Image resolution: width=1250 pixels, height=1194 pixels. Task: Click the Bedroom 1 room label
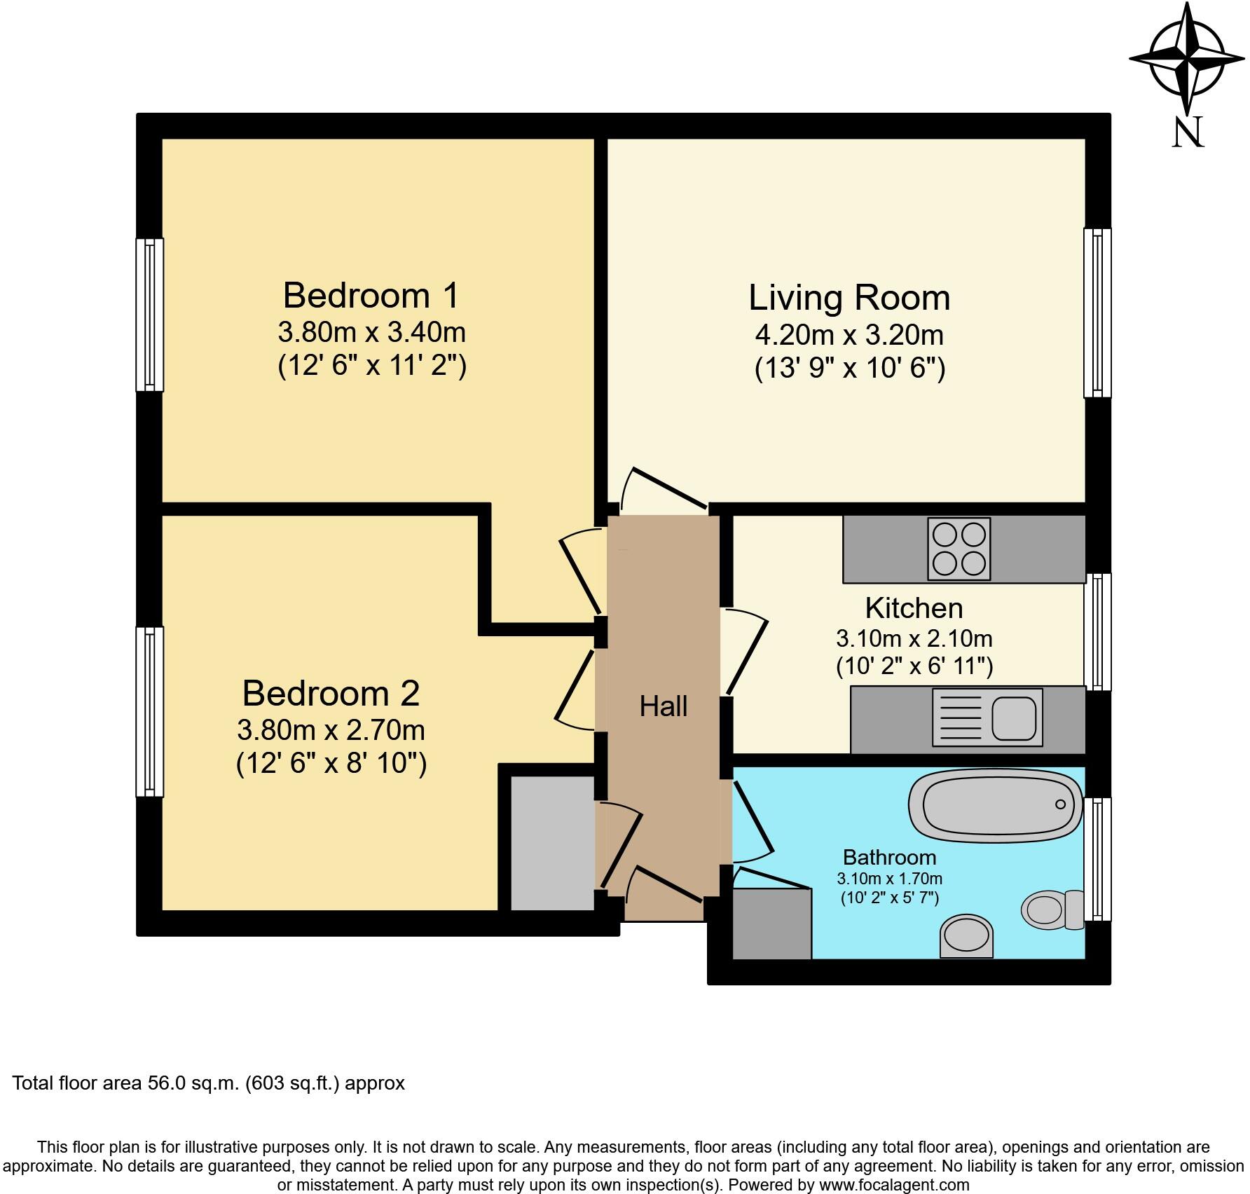371,296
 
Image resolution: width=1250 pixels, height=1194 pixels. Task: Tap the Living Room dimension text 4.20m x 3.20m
849,335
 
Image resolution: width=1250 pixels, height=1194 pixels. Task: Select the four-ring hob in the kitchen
959,549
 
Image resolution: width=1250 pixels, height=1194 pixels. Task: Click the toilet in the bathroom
1051,910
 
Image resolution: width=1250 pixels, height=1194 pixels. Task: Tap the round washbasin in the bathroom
967,936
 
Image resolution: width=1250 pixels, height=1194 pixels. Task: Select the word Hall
663,706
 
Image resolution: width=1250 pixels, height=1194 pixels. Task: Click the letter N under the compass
1188,132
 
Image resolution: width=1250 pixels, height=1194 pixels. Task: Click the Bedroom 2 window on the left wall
149,711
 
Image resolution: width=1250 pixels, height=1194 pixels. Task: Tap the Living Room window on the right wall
1097,313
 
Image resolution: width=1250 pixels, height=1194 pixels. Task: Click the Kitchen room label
914,608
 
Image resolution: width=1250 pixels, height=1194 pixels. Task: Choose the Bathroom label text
889,857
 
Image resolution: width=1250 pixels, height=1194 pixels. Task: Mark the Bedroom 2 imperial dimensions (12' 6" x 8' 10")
331,763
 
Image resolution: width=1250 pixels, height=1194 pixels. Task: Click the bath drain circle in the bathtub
1060,804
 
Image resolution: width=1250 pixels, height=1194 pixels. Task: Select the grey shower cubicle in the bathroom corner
771,924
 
